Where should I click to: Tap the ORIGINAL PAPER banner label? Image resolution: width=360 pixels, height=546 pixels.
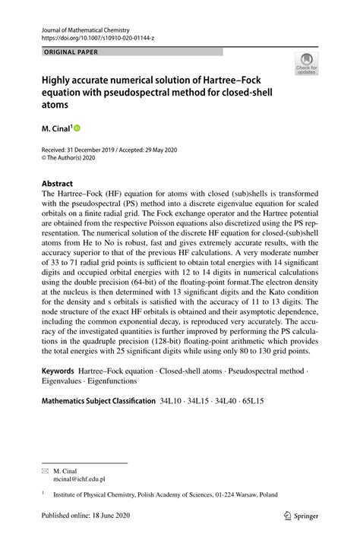click(65, 52)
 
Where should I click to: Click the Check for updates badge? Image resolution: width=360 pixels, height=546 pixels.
click(306, 63)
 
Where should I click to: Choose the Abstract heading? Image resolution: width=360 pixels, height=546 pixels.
click(57, 184)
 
